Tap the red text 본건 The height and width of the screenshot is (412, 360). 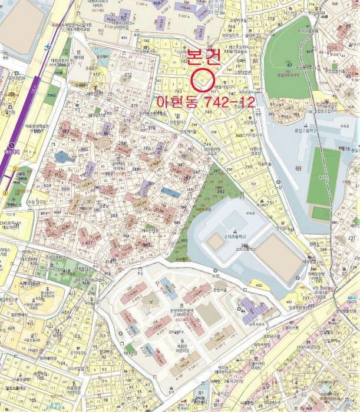point(203,57)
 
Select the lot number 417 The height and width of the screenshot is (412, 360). point(90,242)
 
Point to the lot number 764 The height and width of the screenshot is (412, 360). point(231,27)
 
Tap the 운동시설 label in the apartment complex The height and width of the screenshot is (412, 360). point(219,290)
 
